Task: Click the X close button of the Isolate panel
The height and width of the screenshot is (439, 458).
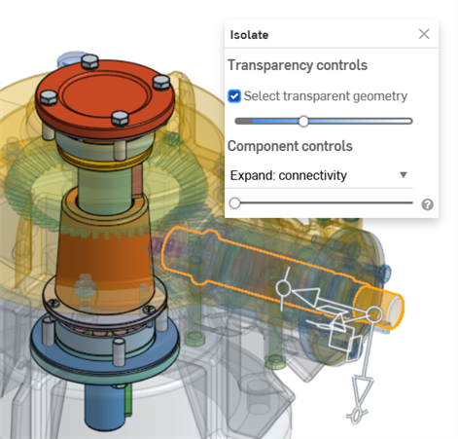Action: [424, 34]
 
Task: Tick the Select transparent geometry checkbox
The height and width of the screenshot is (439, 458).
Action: [234, 96]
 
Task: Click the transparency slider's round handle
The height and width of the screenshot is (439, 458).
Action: [303, 122]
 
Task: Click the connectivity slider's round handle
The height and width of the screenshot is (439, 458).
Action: [234, 203]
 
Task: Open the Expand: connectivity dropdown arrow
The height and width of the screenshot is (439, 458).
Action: [404, 175]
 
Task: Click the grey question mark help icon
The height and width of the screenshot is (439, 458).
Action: [427, 204]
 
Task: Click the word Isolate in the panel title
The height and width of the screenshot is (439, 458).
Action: [249, 35]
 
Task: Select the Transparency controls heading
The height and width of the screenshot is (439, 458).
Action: [298, 65]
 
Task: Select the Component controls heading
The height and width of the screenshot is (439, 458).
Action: [290, 146]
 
